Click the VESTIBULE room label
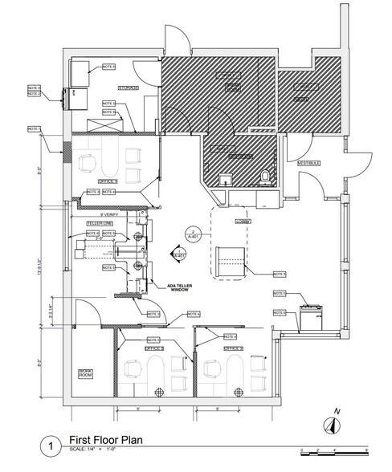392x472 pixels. click(311, 163)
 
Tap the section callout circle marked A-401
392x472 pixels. click(190, 237)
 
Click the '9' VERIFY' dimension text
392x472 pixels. click(109, 213)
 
